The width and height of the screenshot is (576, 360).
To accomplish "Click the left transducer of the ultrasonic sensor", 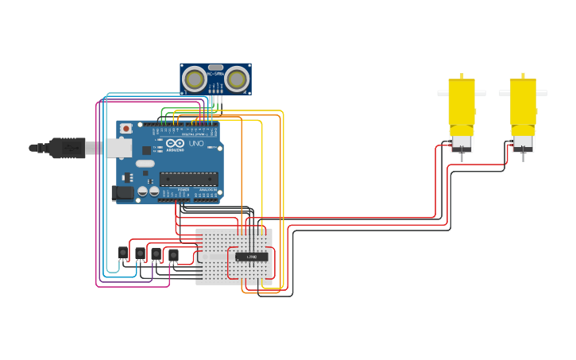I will pyautogui.click(x=194, y=79).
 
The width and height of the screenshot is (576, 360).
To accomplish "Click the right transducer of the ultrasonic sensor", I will pyautogui.click(x=237, y=79).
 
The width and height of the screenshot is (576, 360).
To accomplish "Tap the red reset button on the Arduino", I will pyautogui.click(x=126, y=128).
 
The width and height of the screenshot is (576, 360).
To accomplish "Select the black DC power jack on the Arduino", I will pyautogui.click(x=122, y=192).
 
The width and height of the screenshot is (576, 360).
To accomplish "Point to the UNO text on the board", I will pyautogui.click(x=195, y=143).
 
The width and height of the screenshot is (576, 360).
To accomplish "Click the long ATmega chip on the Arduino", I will pyautogui.click(x=188, y=178).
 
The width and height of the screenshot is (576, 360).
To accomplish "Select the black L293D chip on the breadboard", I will pyautogui.click(x=252, y=257).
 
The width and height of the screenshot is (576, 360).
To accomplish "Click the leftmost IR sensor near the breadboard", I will pyautogui.click(x=123, y=253).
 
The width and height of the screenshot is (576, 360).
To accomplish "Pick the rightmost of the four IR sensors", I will pyautogui.click(x=173, y=255).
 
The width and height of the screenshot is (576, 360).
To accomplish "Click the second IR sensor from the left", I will pyautogui.click(x=140, y=254).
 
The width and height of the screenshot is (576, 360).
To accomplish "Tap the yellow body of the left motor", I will pyautogui.click(x=462, y=103).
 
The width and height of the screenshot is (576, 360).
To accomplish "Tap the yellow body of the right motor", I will pyautogui.click(x=523, y=103).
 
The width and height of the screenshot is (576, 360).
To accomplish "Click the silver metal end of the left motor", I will pyautogui.click(x=462, y=145).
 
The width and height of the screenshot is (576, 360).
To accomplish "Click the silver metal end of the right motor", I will pyautogui.click(x=523, y=144).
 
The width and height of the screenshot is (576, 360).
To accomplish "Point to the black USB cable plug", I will pyautogui.click(x=68, y=148).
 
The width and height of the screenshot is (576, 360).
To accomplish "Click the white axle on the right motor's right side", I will pyautogui.click(x=542, y=93).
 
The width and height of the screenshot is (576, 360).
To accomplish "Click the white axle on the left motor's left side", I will pyautogui.click(x=443, y=93).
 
